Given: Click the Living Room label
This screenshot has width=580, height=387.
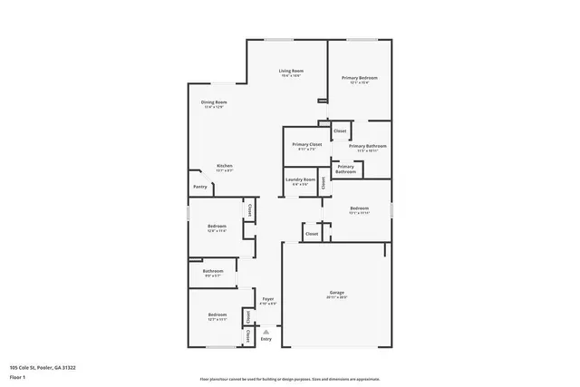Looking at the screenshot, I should tap(290, 71).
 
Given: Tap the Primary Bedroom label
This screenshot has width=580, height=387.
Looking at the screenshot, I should tap(359, 78).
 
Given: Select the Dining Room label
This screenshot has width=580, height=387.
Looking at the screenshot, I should tap(214, 102).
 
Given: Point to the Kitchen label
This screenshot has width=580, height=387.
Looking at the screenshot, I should tap(224, 166).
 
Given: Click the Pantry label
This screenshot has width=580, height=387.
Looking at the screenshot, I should tap(199, 187).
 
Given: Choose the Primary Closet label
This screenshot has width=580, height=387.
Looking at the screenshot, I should tap(306, 144).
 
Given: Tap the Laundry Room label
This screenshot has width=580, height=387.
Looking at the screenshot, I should tap(300, 179).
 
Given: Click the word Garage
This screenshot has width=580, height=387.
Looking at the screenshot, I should tap(336, 293).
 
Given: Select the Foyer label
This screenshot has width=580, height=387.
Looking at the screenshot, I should tap(268, 298).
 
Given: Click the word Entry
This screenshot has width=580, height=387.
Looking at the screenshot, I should tap(266, 339).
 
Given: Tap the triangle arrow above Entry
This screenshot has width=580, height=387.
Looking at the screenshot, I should tap(266, 332).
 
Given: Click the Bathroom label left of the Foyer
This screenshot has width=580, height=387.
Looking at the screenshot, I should tap(213, 270).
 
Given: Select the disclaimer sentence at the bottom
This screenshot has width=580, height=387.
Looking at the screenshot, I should tap(289, 379).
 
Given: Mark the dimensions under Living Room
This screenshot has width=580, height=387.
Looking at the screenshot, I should tap(290, 75).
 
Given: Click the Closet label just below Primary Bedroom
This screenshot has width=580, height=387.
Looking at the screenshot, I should tap(340, 131).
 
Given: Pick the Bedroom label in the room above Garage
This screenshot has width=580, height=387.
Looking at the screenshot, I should tap(359, 208).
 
